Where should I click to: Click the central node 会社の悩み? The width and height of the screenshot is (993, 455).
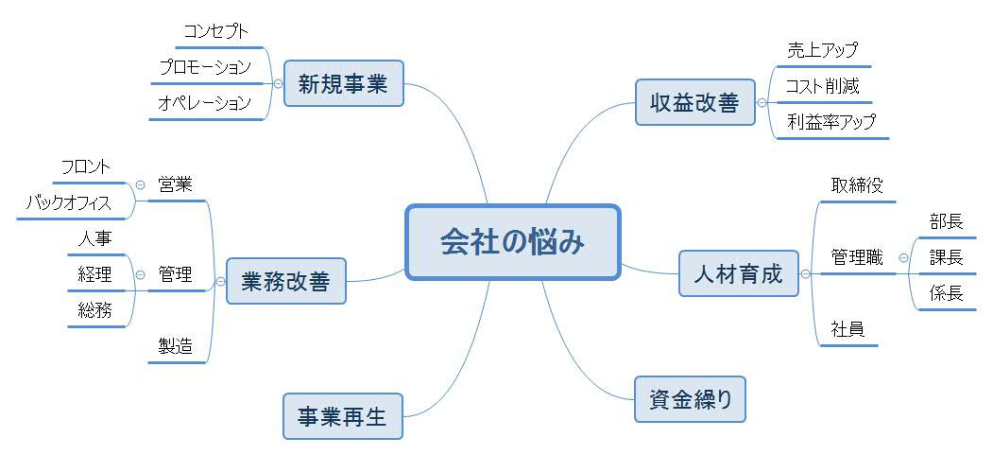(x=513, y=241)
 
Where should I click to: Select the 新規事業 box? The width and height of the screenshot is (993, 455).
(x=343, y=83)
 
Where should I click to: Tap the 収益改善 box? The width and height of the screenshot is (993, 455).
(x=694, y=102)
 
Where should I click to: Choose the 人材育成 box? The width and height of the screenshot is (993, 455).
(x=738, y=274)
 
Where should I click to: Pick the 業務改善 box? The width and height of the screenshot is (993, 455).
(x=285, y=281)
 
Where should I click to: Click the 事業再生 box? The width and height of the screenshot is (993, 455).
(x=342, y=416)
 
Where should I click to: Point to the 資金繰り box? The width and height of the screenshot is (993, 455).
(x=691, y=398)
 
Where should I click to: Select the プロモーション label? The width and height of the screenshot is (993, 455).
(x=205, y=68)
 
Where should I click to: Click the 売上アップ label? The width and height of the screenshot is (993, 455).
(x=822, y=51)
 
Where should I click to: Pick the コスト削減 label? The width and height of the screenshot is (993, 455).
(x=822, y=86)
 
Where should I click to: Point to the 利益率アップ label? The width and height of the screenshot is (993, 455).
(x=831, y=121)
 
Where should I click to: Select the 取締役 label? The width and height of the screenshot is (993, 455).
(x=857, y=185)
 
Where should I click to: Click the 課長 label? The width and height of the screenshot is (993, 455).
(x=946, y=257)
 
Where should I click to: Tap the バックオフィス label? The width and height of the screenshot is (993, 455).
(x=68, y=202)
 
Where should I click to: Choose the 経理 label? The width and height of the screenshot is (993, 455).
(x=94, y=275)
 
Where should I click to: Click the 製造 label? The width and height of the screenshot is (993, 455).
(x=176, y=346)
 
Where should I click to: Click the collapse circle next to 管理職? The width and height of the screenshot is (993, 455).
(x=903, y=257)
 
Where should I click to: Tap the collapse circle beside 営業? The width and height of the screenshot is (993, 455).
(x=140, y=184)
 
